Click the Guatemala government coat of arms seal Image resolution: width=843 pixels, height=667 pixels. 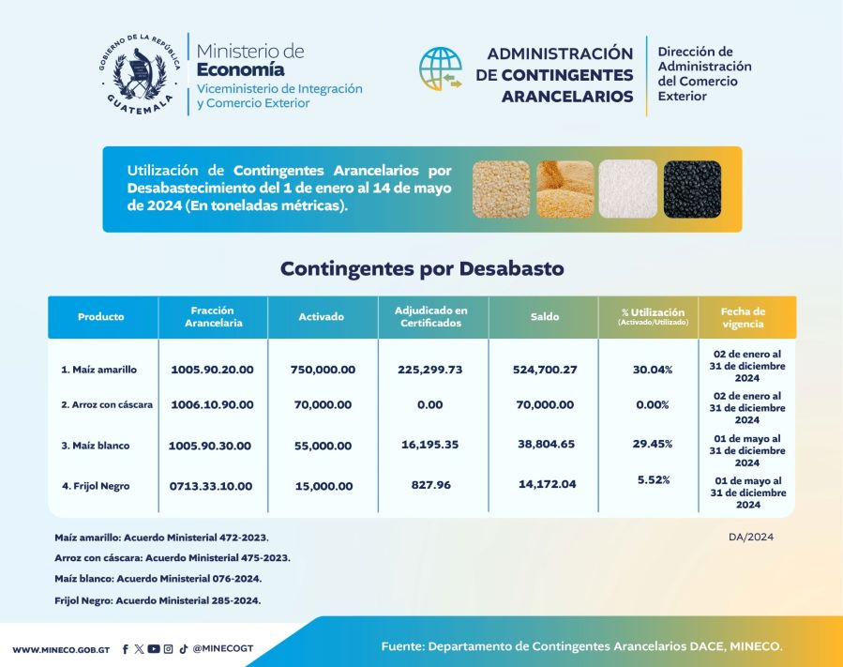tap(138, 76)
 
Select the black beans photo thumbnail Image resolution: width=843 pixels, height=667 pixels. tap(692, 189)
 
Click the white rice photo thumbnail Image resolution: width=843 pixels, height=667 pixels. tap(628, 189)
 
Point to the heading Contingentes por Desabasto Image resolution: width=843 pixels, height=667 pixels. tap(422, 269)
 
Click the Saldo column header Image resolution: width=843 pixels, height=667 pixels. tap(544, 317)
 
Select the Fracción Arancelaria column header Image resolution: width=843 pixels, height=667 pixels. tap(212, 317)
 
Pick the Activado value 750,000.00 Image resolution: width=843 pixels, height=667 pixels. tap(323, 370)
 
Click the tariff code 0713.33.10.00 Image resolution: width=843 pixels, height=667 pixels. tap(212, 486)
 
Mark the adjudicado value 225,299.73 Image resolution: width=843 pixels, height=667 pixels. tap(430, 370)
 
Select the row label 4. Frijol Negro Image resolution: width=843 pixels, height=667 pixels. tap(96, 486)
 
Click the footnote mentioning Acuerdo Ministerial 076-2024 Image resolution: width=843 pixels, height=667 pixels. tap(158, 579)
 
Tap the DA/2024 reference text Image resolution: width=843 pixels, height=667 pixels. tap(750, 538)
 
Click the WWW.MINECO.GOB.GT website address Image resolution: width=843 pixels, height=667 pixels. tap(61, 649)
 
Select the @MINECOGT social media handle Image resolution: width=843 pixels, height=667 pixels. tap(223, 648)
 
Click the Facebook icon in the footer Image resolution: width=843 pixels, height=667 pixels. tap(126, 648)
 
